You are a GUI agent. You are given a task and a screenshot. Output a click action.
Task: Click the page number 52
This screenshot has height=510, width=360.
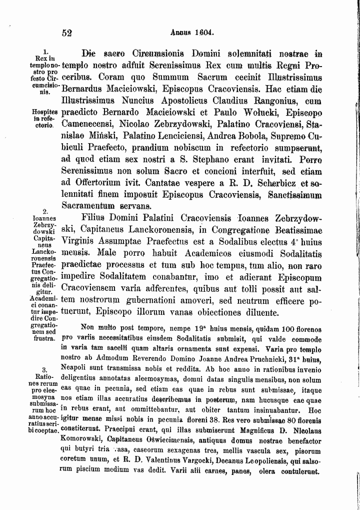[x=68, y=33]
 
